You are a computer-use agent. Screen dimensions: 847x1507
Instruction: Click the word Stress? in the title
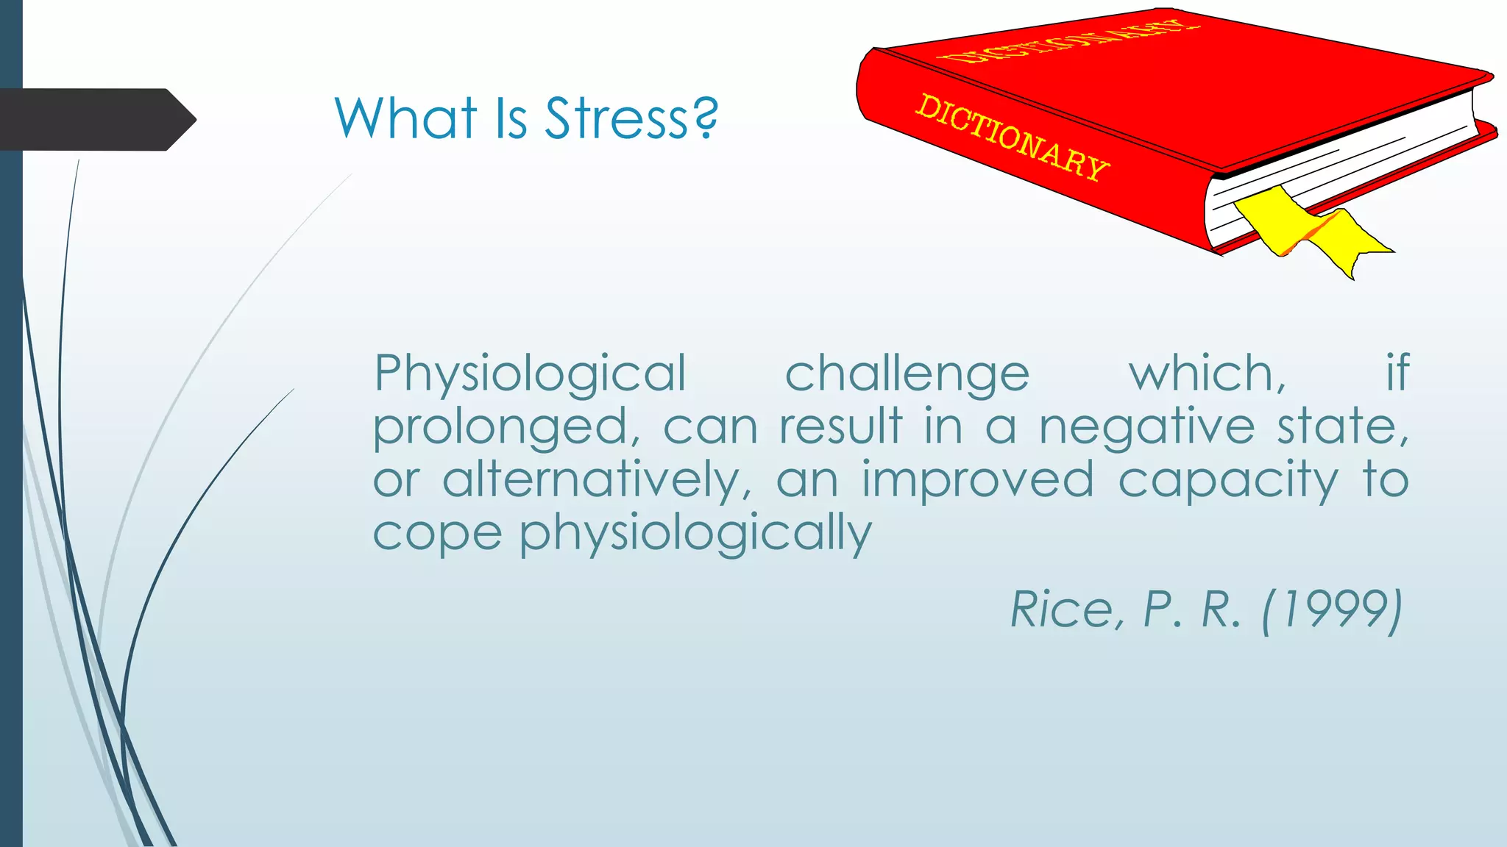coord(631,118)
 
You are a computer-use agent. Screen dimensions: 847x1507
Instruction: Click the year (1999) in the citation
coord(1332,610)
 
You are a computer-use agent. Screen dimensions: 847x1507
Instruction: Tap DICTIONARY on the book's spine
coord(1012,138)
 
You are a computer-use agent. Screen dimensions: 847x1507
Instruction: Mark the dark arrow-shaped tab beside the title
coord(96,119)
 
